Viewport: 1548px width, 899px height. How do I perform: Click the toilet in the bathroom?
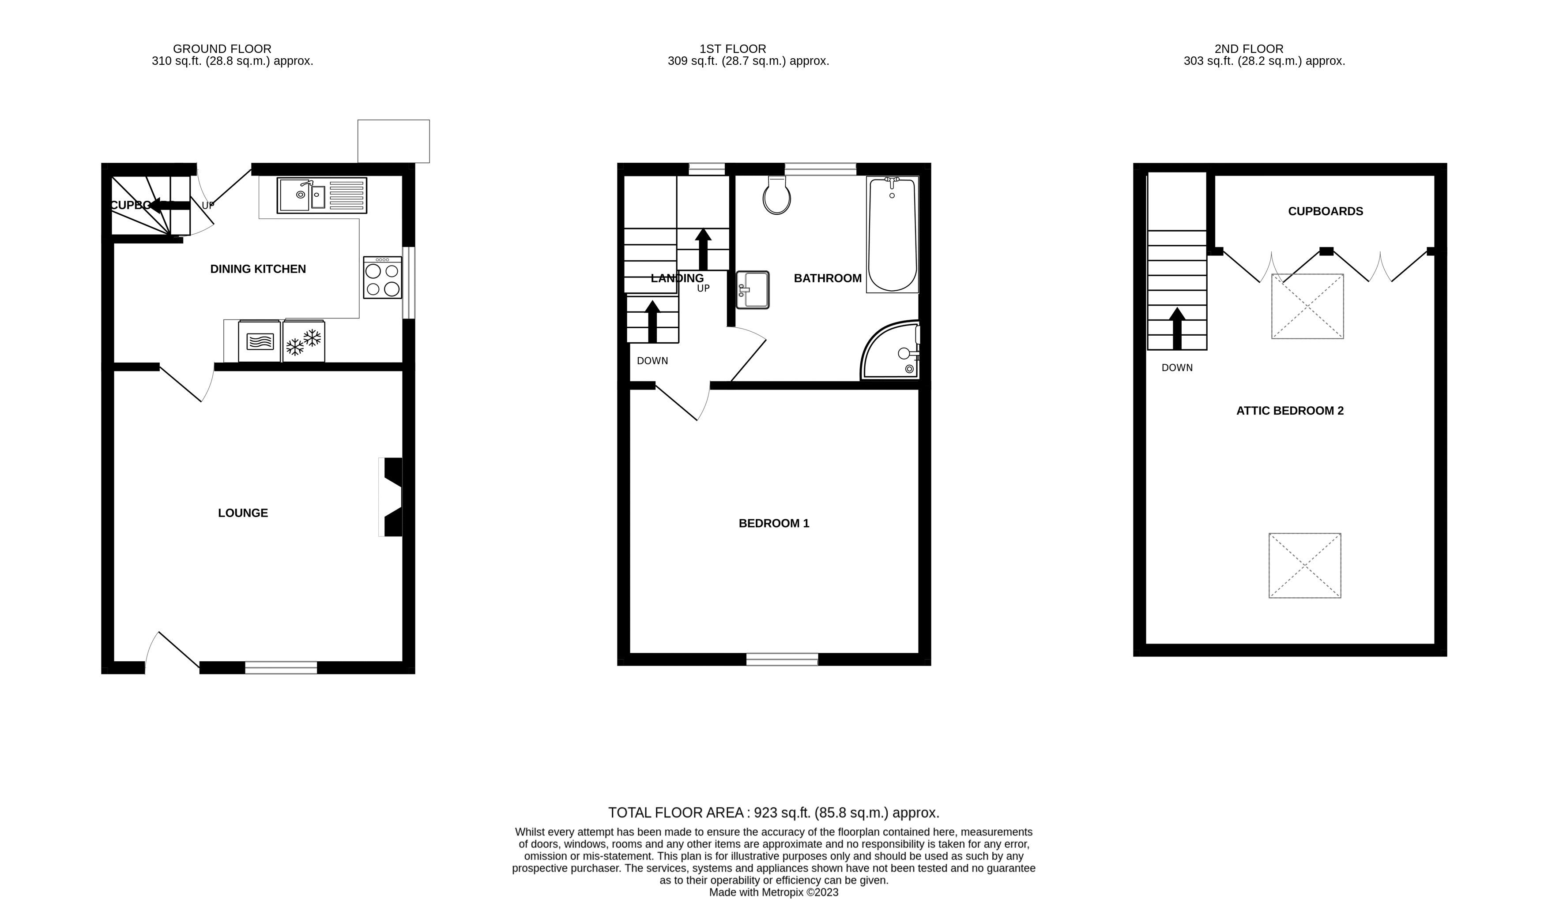(x=776, y=195)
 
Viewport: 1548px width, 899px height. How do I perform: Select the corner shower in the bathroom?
(x=892, y=351)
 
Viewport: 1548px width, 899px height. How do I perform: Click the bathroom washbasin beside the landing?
(x=753, y=290)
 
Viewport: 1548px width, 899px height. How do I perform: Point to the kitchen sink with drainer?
(x=321, y=196)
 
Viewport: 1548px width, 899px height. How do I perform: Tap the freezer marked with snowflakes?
(x=303, y=341)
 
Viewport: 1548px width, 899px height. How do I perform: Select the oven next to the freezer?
(x=259, y=341)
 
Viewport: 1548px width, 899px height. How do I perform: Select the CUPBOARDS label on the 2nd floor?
(x=1325, y=212)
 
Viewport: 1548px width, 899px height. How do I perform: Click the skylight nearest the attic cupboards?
(x=1307, y=307)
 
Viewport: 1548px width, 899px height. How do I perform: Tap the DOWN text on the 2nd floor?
(x=1176, y=368)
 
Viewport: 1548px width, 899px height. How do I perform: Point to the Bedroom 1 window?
(x=782, y=659)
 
